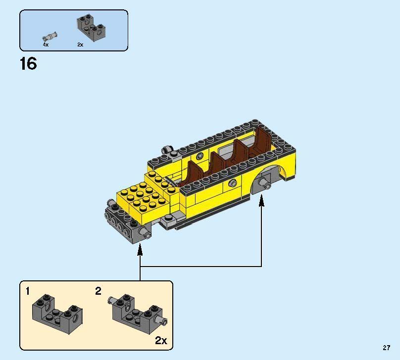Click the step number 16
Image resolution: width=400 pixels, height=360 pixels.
(x=28, y=64)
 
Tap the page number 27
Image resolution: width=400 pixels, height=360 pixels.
(x=387, y=348)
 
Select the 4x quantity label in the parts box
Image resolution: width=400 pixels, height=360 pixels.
(x=46, y=45)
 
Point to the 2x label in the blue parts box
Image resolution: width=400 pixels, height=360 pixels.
(x=80, y=45)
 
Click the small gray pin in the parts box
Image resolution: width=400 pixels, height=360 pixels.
(x=50, y=36)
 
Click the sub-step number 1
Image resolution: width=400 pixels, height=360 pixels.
(x=28, y=291)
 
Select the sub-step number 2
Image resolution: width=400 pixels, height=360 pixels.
(x=98, y=291)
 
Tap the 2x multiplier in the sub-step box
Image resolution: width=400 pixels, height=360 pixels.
(x=161, y=340)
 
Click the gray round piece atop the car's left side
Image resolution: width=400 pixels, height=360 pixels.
(x=167, y=149)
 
